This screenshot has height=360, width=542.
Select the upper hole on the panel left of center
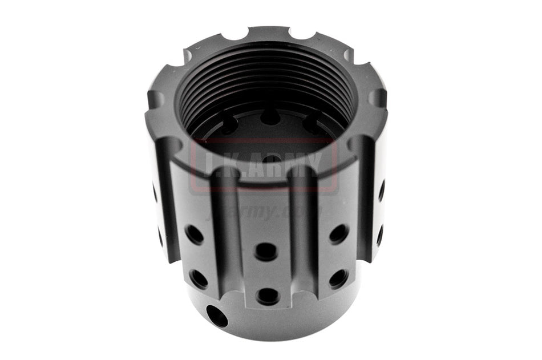click(195, 234)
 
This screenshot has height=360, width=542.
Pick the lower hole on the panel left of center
click(199, 278)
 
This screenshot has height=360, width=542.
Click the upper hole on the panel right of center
click(338, 233)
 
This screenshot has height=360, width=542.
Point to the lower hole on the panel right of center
click(338, 278)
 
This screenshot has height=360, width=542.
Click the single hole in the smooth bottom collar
click(216, 315)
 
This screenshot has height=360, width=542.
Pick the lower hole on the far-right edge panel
click(379, 234)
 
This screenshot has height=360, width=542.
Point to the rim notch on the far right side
click(379, 98)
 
